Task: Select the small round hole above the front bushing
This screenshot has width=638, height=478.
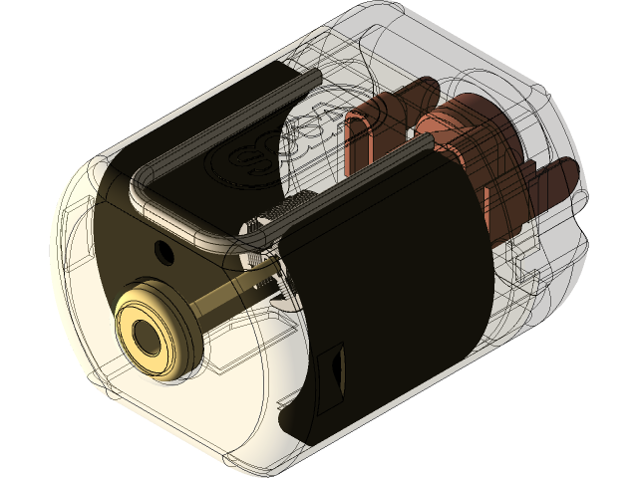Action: click(x=161, y=247)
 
